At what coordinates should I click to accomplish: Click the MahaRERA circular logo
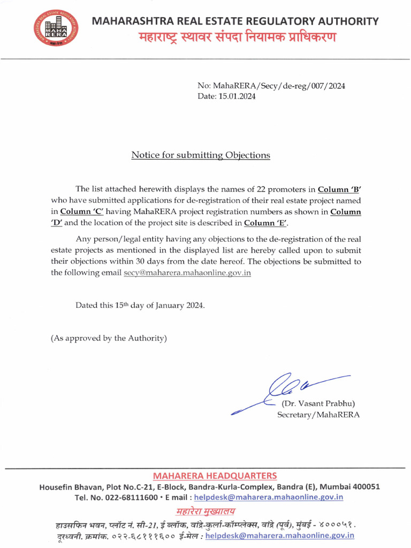tap(56, 30)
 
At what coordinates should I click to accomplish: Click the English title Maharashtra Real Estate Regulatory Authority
tap(235, 21)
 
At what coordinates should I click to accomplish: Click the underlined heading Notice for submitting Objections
tap(201, 155)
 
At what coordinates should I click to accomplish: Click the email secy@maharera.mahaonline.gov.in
tap(187, 272)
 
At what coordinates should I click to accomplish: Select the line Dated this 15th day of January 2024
tap(140, 305)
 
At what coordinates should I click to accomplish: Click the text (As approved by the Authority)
tap(109, 338)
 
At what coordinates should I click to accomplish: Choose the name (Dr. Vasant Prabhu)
tap(318, 404)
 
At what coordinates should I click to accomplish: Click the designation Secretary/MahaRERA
tap(318, 415)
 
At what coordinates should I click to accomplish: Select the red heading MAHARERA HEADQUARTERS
tap(215, 476)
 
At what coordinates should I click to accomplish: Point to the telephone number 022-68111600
tap(133, 497)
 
